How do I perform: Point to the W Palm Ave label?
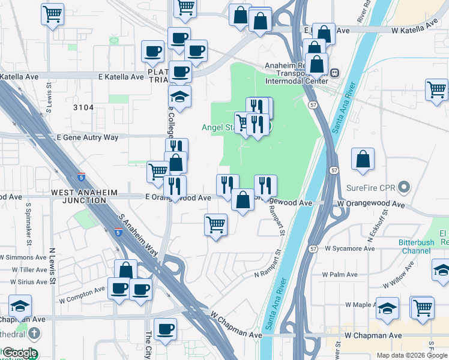click(340, 274)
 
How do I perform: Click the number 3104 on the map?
click(83, 107)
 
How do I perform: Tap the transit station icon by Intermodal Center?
click(334, 73)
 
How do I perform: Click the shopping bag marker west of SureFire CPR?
click(363, 160)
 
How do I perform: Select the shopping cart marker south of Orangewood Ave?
click(216, 225)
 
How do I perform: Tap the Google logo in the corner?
click(19, 353)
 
